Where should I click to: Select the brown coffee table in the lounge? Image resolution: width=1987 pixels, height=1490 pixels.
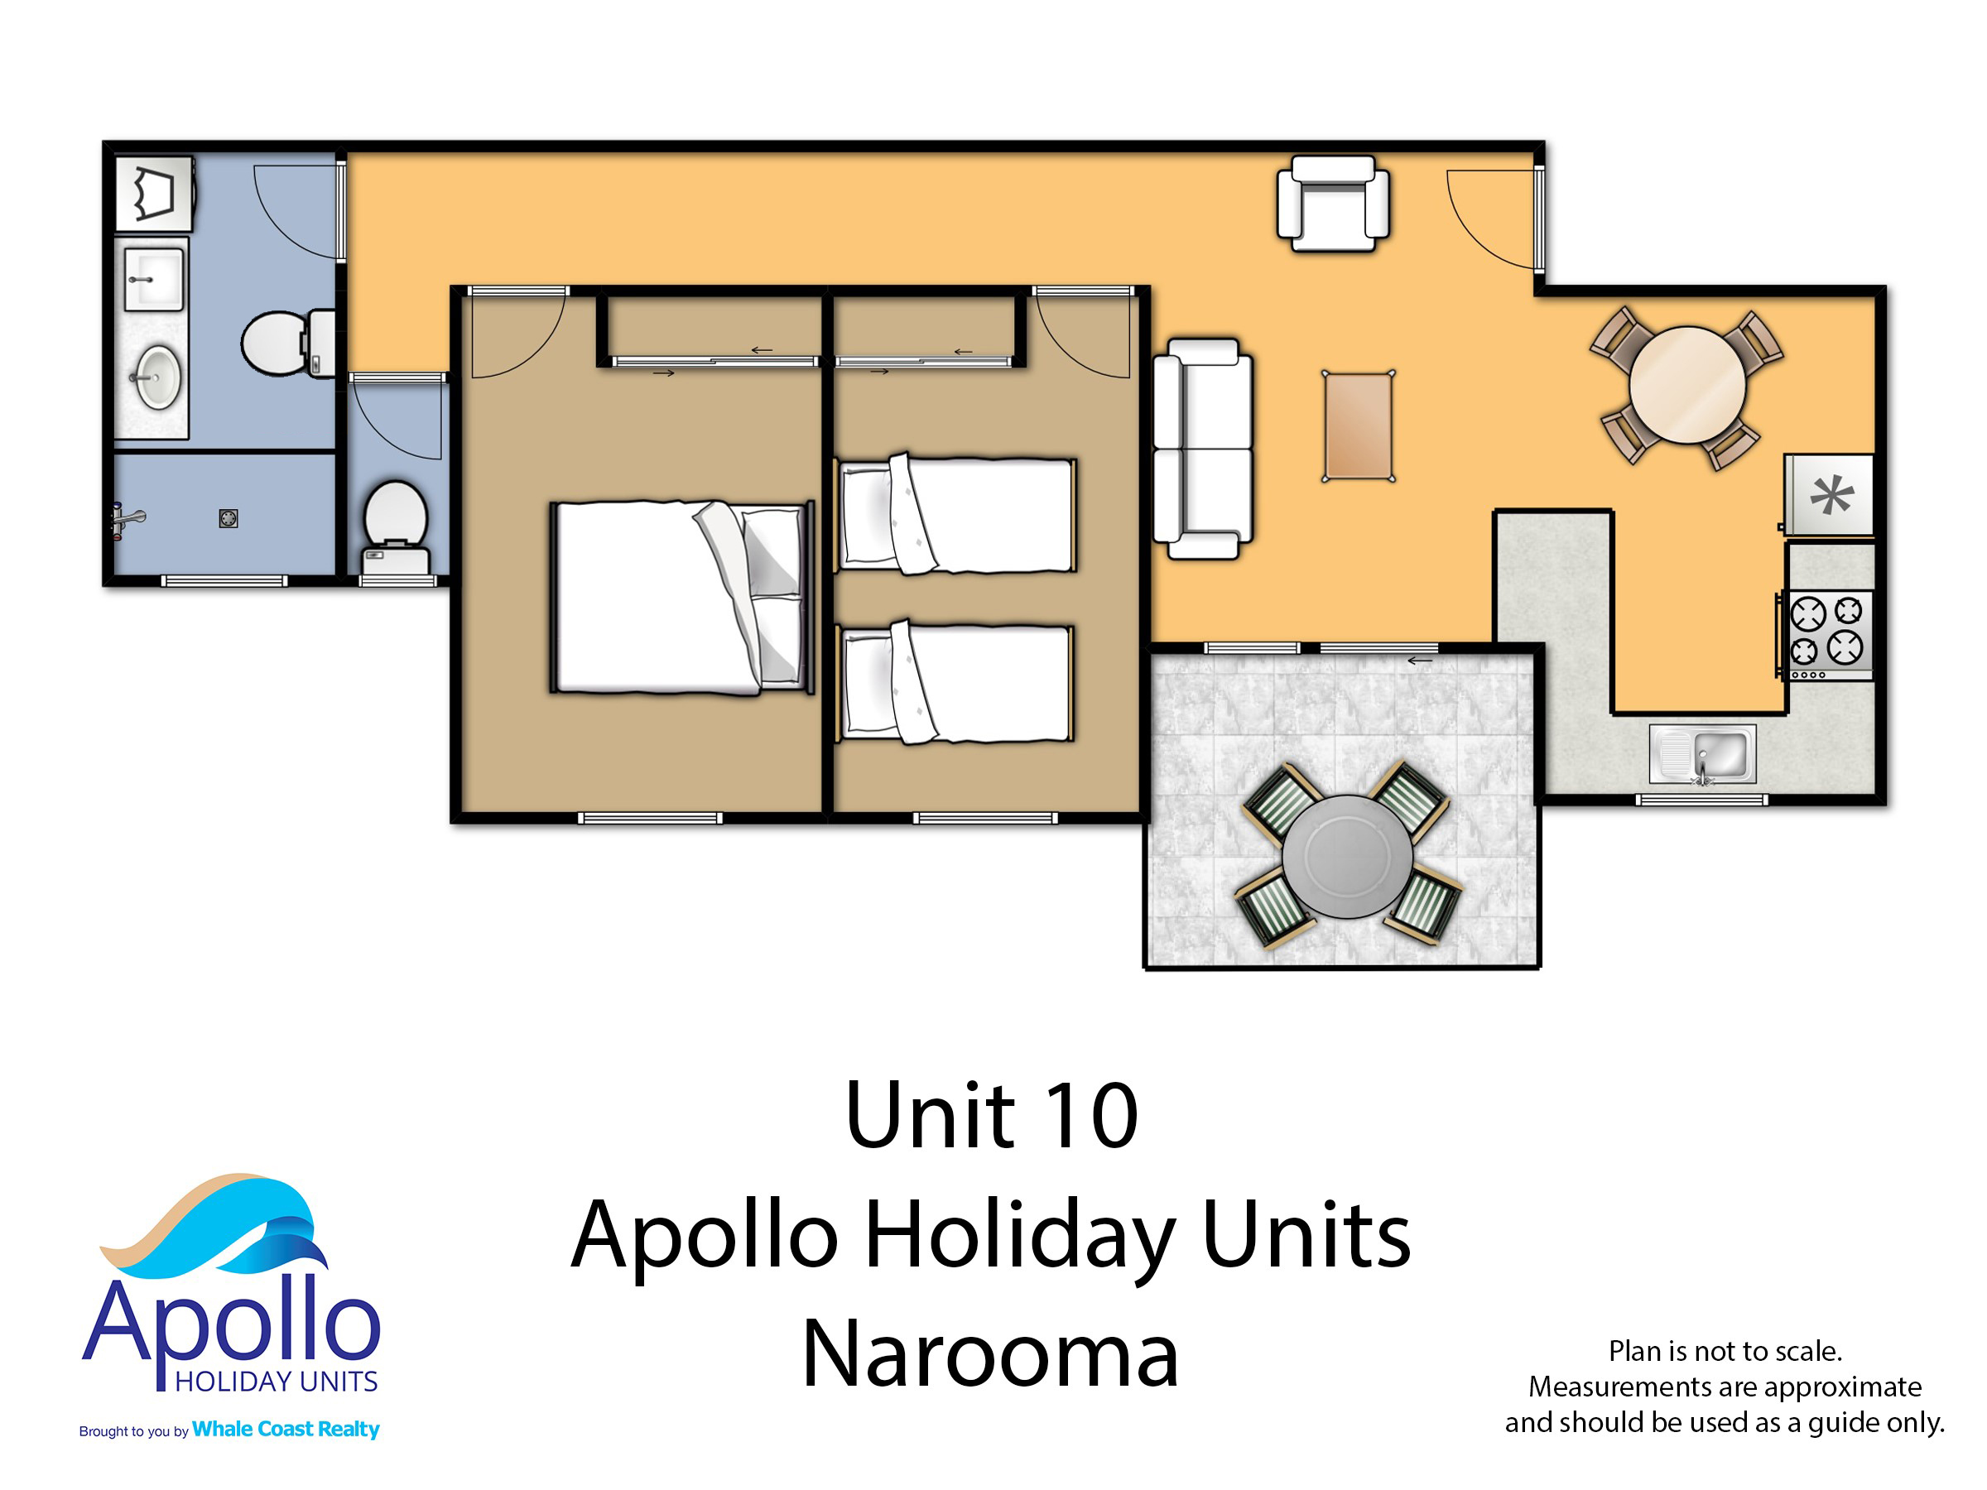point(1357,426)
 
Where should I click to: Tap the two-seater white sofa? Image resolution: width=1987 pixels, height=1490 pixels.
point(1202,449)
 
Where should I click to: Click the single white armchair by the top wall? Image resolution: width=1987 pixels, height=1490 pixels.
point(1333,203)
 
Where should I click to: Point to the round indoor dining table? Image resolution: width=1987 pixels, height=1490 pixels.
point(1687,384)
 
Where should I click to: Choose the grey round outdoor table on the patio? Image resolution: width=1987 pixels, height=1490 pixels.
point(1346,856)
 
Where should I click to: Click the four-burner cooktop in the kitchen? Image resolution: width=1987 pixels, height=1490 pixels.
point(1827,632)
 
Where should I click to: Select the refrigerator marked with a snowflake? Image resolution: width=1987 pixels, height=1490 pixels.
point(1830,495)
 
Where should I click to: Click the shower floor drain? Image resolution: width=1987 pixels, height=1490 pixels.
point(229,518)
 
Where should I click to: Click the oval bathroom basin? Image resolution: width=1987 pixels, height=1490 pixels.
point(159,377)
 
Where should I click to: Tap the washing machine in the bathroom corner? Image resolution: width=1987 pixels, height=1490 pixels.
point(155,193)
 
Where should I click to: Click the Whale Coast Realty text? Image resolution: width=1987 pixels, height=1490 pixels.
point(286,1429)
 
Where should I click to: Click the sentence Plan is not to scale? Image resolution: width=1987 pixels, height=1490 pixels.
point(1725,1351)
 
